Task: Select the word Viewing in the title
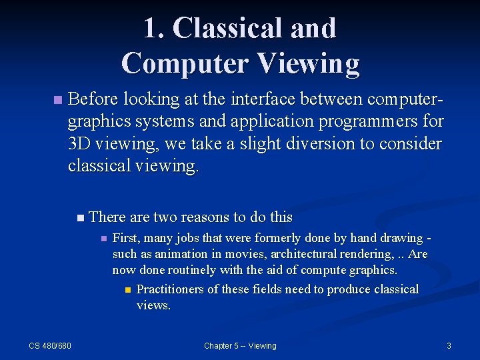click(x=307, y=63)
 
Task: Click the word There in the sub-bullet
click(x=108, y=217)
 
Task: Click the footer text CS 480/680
click(x=50, y=345)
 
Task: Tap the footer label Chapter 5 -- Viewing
click(x=240, y=345)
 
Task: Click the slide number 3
click(x=449, y=345)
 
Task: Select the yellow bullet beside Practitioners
click(x=127, y=290)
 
